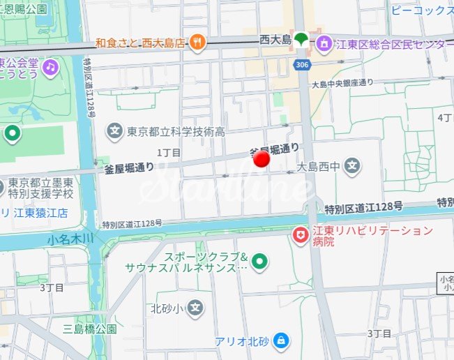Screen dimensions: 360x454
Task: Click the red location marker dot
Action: click(262, 160)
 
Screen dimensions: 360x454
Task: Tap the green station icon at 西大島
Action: click(301, 40)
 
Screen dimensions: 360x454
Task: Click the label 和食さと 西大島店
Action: click(140, 43)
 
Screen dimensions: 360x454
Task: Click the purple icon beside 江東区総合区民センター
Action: click(324, 45)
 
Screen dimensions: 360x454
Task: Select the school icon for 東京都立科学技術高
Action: click(114, 130)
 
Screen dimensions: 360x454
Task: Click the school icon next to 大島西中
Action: click(354, 167)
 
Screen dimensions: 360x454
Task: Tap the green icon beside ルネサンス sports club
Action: click(259, 262)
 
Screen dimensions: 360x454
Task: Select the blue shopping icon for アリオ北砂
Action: click(280, 341)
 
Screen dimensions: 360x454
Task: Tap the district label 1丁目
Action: click(169, 152)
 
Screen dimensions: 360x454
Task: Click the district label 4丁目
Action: click(444, 118)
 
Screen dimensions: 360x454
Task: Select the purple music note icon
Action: click(50, 67)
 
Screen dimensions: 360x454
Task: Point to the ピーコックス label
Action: click(421, 11)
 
